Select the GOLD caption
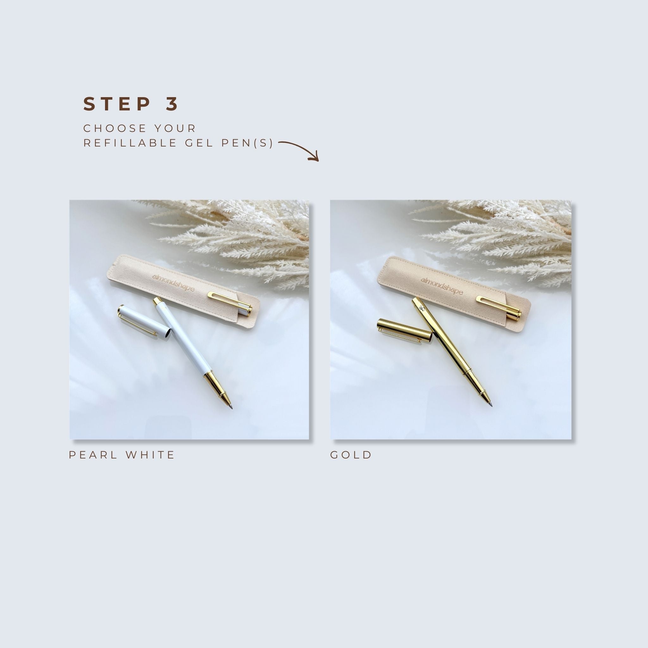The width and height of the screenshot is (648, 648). point(351,455)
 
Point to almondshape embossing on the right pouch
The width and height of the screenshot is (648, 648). point(441,286)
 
